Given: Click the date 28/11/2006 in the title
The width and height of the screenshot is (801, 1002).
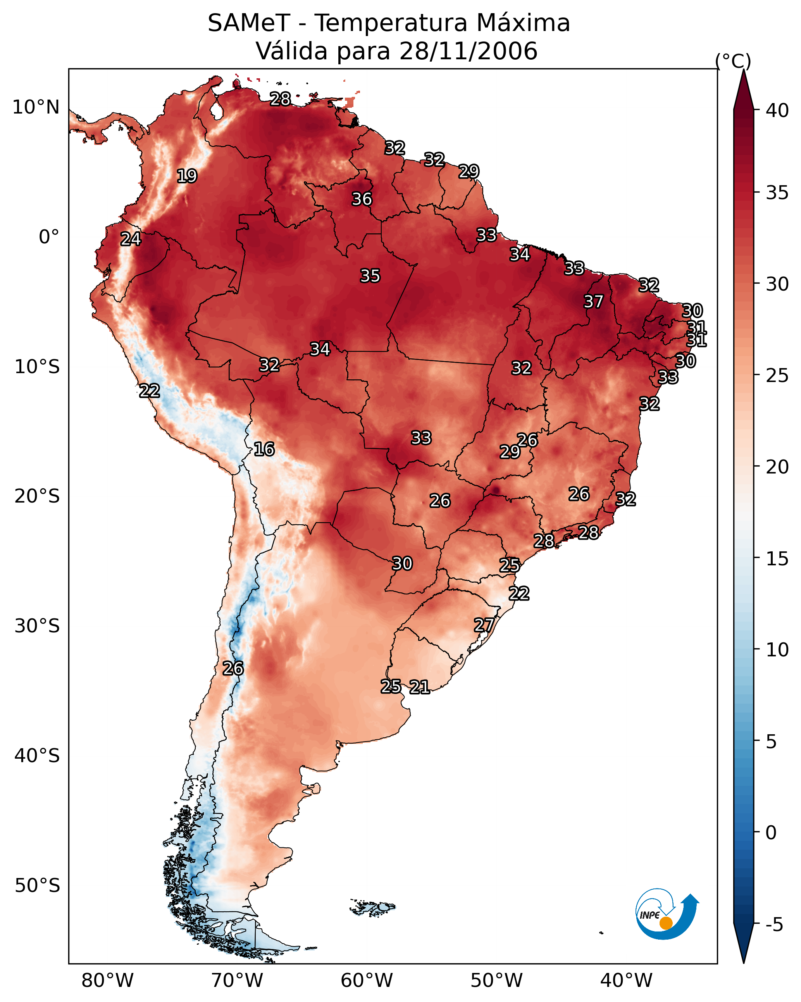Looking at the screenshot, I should coord(468,51).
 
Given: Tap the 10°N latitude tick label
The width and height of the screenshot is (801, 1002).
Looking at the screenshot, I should coord(36,107).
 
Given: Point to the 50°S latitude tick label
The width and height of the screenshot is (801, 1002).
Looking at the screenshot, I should coord(37,886).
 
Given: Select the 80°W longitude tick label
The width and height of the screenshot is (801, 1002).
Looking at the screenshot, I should coord(107,980).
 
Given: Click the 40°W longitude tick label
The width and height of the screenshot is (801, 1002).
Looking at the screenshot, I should coord(626,980).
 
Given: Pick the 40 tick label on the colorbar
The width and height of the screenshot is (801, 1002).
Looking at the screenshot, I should coord(777,110).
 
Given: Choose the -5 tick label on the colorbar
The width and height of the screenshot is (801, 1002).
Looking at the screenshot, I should coord(774,925).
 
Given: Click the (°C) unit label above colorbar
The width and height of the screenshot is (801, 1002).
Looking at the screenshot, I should coord(733,61).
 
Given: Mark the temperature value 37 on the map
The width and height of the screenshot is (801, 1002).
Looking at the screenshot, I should coord(593,301).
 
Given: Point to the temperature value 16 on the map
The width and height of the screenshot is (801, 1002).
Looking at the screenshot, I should coord(264,449).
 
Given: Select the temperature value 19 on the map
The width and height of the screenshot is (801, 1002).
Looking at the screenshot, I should coord(187,176).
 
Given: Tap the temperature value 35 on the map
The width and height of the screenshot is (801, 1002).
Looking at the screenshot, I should coord(370,275).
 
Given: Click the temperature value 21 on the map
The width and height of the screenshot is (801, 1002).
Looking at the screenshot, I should coord(419,687).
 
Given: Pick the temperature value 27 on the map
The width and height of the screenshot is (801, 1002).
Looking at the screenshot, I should coord(484,625).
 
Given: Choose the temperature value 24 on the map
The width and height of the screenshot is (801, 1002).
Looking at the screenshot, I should coord(131,239).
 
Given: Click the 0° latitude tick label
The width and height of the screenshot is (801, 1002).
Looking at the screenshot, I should coord(49,237).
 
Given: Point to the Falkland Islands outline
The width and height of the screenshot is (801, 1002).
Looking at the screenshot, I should coord(372,907).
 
